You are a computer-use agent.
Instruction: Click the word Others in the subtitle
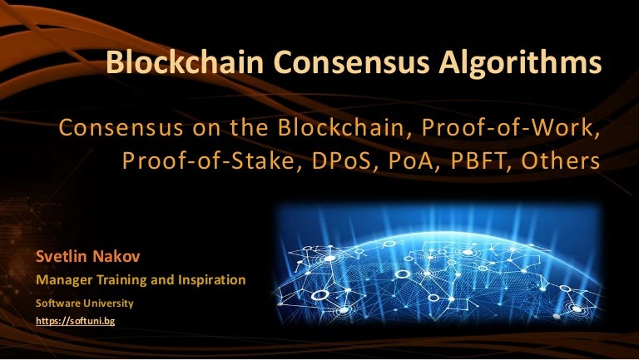click(559, 161)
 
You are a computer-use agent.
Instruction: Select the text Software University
click(83, 303)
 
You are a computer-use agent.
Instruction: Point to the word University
click(109, 303)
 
